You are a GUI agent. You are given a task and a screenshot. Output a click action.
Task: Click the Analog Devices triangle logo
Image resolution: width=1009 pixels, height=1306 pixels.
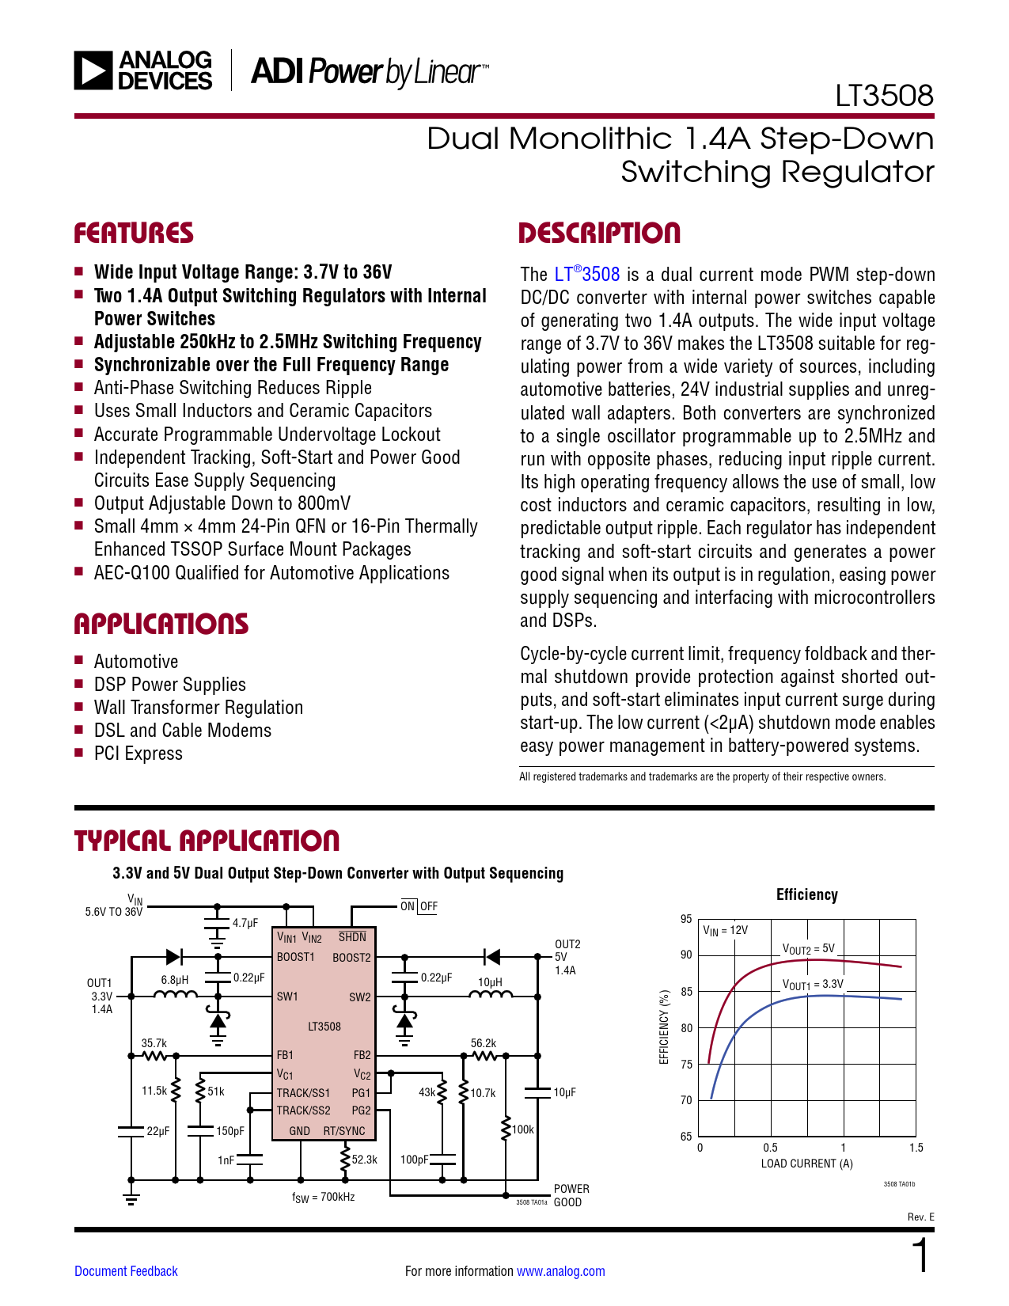(x=93, y=70)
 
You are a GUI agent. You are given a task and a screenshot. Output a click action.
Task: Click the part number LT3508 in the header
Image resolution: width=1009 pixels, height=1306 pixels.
(x=884, y=96)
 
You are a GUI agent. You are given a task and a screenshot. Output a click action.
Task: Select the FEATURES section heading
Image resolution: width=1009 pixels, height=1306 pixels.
(x=134, y=233)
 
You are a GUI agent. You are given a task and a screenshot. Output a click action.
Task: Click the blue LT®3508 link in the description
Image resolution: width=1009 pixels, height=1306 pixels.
(x=586, y=275)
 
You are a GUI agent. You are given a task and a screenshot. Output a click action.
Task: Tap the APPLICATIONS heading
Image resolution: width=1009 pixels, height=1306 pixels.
(x=161, y=625)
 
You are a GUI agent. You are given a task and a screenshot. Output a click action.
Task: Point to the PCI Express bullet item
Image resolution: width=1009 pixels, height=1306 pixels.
(x=138, y=754)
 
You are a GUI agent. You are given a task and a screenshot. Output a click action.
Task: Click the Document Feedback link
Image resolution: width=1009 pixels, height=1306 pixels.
(x=126, y=1271)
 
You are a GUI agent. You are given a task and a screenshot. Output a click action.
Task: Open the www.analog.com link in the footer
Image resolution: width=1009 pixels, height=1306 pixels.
(x=560, y=1271)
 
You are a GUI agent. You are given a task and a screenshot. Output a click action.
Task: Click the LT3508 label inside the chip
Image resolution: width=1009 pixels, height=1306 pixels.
(x=324, y=1027)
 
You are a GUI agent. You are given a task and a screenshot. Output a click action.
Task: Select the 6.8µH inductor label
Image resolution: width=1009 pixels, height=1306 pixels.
(x=175, y=980)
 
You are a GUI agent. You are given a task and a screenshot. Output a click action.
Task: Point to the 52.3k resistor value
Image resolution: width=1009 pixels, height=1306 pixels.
(x=364, y=1160)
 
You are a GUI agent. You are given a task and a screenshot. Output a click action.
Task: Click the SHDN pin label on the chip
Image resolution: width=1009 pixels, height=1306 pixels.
(x=352, y=937)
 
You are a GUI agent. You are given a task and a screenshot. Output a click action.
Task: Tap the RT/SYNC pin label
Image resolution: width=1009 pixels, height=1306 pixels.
(x=344, y=1131)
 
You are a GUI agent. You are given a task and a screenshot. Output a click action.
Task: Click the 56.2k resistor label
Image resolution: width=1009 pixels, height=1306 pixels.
(x=483, y=1043)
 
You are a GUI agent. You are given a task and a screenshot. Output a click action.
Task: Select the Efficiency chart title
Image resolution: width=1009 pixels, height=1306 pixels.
(x=806, y=894)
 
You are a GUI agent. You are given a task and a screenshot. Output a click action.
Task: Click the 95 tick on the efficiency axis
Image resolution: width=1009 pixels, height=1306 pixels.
(x=686, y=919)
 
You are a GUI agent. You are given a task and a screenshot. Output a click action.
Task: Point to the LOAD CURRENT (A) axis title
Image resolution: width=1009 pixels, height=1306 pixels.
(x=806, y=1164)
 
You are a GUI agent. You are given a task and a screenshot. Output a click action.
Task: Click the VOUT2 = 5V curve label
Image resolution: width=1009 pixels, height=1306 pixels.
(x=808, y=949)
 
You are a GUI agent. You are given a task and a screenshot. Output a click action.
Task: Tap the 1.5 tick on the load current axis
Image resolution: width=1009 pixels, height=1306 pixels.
(x=916, y=1148)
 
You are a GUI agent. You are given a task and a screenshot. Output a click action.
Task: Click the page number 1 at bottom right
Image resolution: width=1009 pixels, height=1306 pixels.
(x=920, y=1256)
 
